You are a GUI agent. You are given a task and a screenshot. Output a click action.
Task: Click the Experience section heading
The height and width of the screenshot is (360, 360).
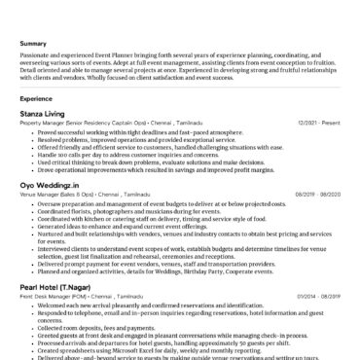click(36, 98)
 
